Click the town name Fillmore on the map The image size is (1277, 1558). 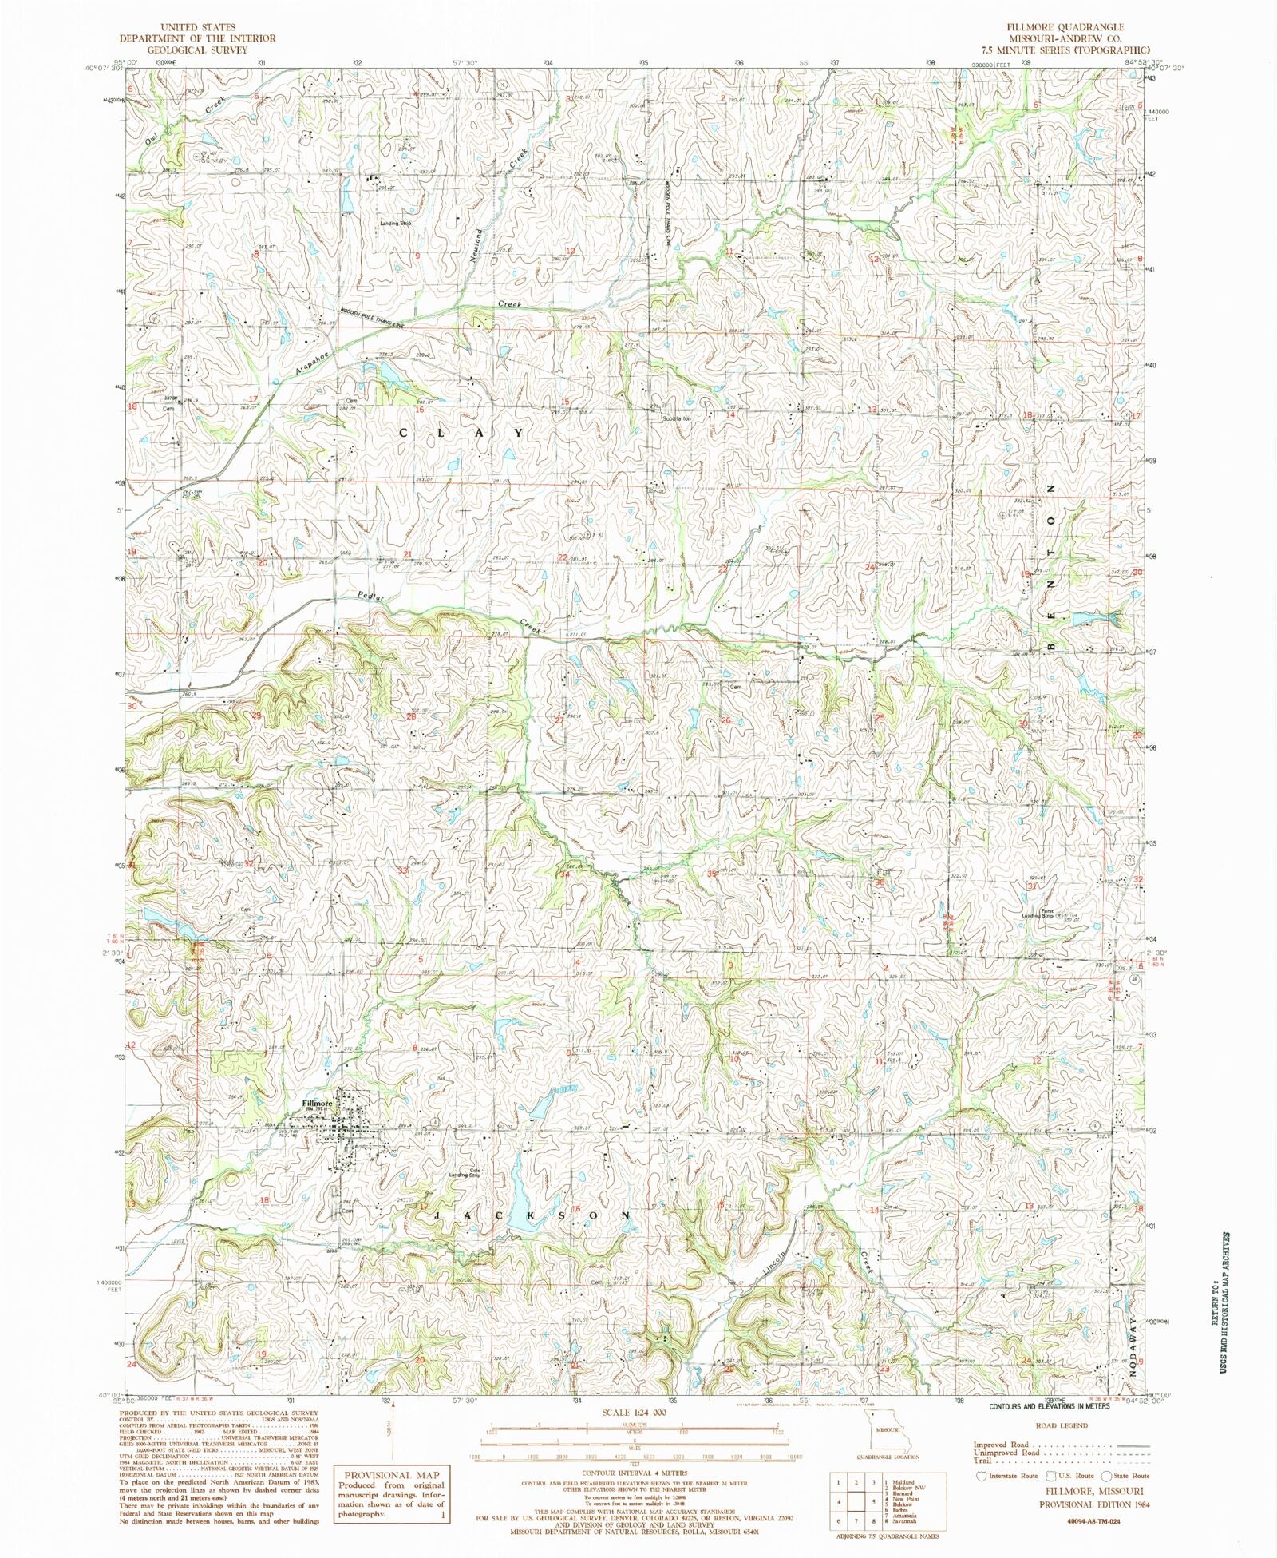(x=316, y=1104)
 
